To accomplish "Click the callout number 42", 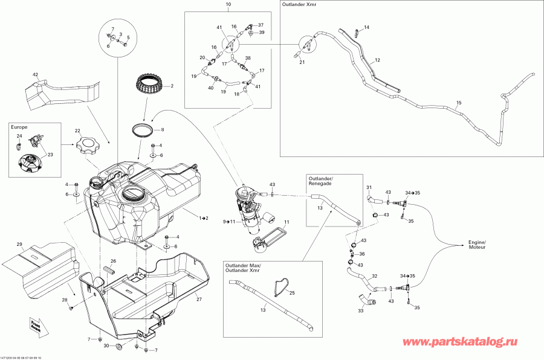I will click(x=35, y=74).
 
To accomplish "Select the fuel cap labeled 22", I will click(x=88, y=147).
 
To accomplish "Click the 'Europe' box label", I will click(x=19, y=127).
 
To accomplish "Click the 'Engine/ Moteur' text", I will click(x=477, y=245).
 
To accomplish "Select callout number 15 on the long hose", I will click(x=458, y=103).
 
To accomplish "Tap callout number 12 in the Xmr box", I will click(x=377, y=60).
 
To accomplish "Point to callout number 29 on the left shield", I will click(x=19, y=244).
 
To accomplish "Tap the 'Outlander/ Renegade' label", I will click(x=320, y=181).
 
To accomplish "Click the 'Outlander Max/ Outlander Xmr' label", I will click(x=242, y=268).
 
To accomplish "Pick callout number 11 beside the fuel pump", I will click(x=287, y=222).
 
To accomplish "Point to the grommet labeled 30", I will click(x=118, y=346).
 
